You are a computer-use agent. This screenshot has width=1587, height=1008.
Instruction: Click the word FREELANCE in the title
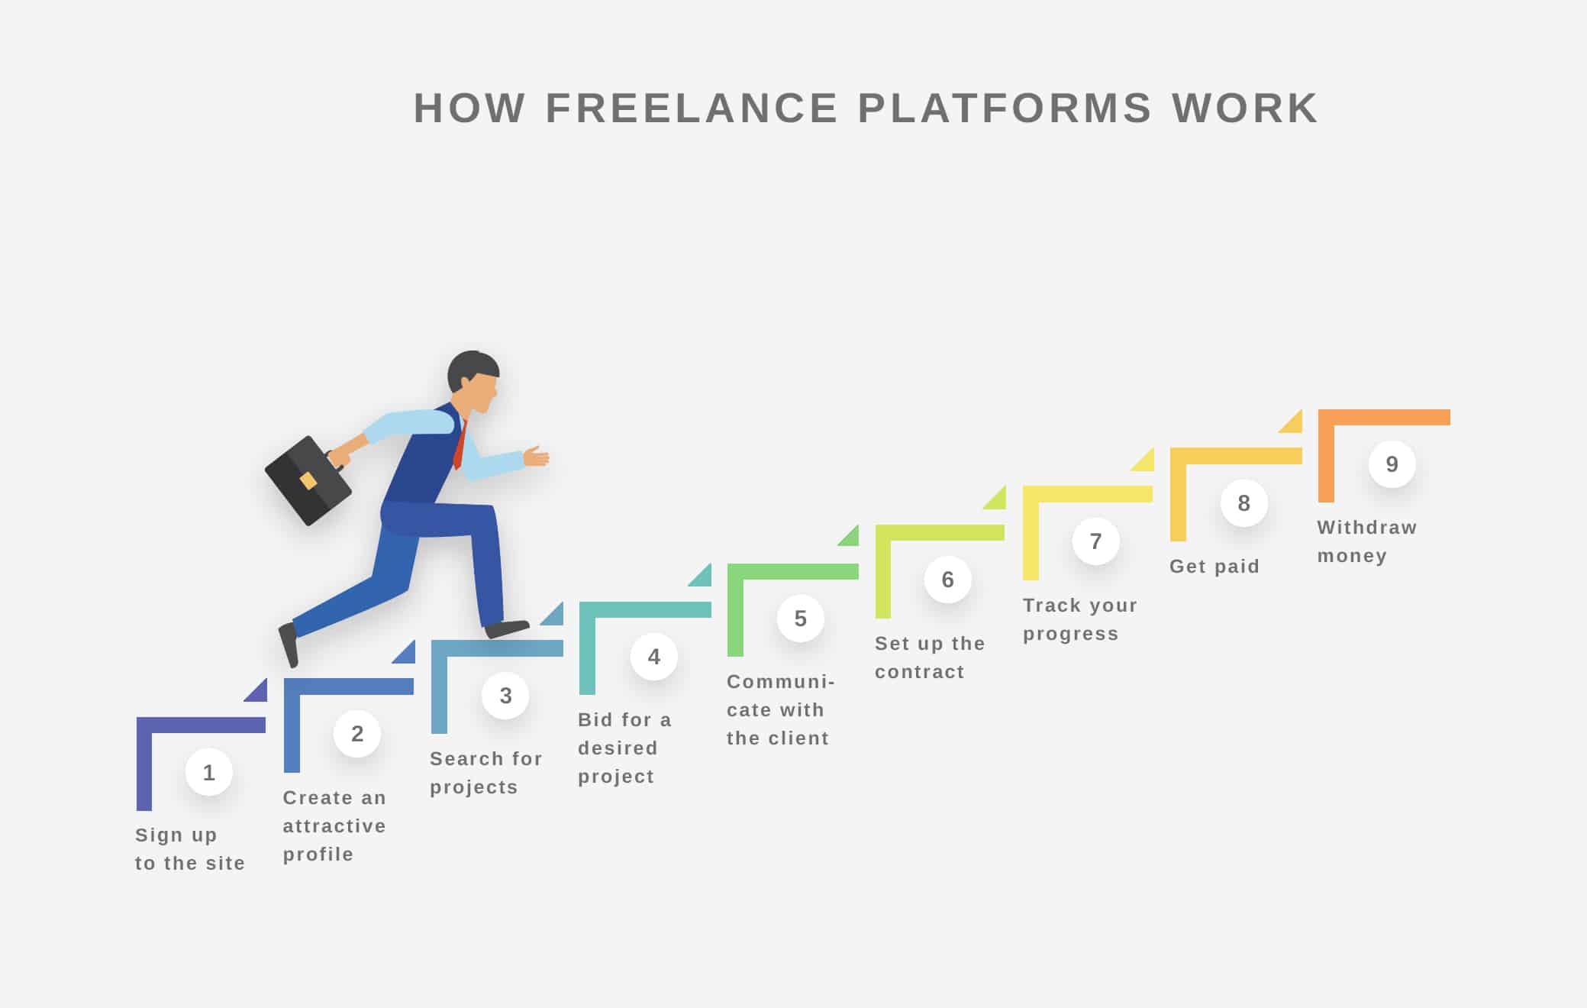coord(692,108)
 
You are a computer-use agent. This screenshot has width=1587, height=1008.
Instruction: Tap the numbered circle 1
coord(209,772)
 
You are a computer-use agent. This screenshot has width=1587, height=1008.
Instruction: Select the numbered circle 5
coord(800,618)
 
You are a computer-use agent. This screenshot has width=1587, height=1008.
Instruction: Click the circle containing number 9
coord(1392,464)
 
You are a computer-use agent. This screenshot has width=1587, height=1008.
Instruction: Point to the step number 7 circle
coord(1095,541)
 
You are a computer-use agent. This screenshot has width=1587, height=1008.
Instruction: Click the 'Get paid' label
coord(1214,567)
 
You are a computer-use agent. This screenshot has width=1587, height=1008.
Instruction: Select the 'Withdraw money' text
coord(1366,541)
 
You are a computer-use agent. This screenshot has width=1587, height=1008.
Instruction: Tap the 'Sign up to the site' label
coord(190,849)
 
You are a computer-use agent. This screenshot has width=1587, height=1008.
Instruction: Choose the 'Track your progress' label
coord(1079,619)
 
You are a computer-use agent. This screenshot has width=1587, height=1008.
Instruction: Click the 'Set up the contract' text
coord(930,657)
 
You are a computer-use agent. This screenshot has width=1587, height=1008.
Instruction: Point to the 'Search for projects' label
coord(485,773)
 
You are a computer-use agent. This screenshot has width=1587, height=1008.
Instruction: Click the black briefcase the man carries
coord(308,480)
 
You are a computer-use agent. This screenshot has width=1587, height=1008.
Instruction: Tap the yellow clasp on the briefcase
coord(308,480)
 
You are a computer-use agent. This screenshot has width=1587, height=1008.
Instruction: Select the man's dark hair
coord(470,368)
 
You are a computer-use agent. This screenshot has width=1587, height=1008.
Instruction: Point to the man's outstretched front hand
coord(536,456)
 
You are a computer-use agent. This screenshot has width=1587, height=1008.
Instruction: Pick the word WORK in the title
coord(1245,108)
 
